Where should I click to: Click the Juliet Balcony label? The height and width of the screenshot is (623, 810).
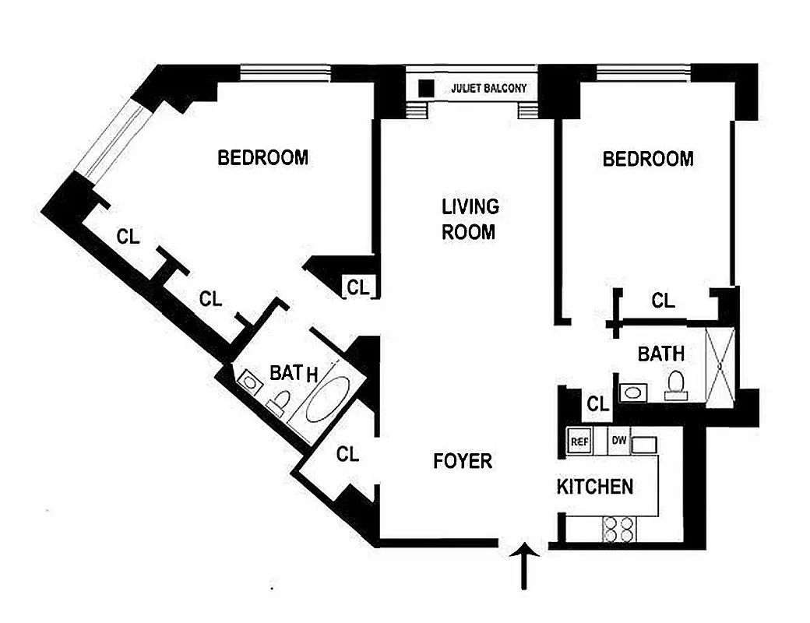(x=488, y=89)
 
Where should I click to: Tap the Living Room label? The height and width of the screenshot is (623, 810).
(x=470, y=219)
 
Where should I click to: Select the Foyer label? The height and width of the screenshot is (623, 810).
(x=463, y=461)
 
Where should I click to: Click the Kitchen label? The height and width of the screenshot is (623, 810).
(x=594, y=487)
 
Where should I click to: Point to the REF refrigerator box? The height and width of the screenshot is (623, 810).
(x=579, y=441)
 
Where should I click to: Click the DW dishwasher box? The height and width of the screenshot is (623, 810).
(x=619, y=441)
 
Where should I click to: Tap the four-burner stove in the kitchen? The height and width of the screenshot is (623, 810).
(x=619, y=530)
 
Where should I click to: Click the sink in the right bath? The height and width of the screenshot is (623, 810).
(x=632, y=391)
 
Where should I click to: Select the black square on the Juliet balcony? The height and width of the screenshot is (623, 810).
(x=426, y=88)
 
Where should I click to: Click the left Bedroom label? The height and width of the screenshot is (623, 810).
(x=262, y=158)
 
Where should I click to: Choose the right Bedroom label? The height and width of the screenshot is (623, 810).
(x=648, y=160)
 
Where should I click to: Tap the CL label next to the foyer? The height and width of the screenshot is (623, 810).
(x=348, y=454)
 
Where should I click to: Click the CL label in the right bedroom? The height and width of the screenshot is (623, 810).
(x=663, y=301)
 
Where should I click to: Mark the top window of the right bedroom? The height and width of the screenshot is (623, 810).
(x=644, y=72)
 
